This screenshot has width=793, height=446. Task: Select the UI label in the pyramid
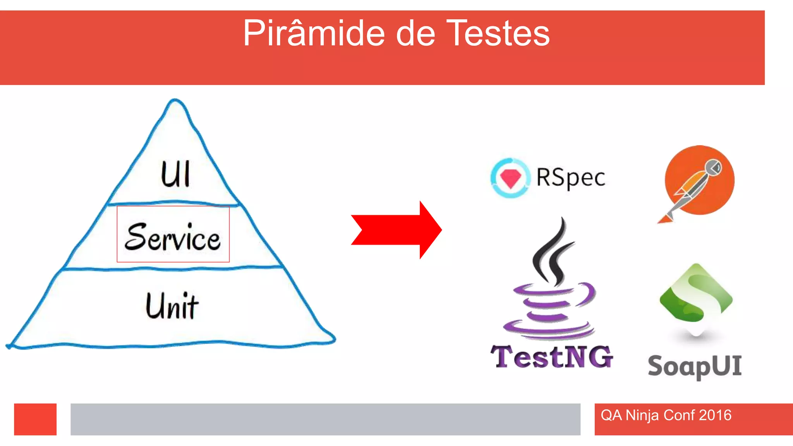tap(175, 174)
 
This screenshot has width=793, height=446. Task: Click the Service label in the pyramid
tap(173, 237)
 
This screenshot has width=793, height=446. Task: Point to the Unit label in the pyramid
tap(172, 306)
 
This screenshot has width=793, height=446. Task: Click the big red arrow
tap(397, 230)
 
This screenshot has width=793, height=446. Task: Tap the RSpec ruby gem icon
tap(510, 178)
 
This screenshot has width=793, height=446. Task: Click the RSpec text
tap(570, 178)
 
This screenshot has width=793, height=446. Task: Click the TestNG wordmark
tap(552, 357)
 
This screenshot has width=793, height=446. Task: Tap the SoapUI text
tap(695, 366)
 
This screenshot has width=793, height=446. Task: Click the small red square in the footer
tap(35, 419)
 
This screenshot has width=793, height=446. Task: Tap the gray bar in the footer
tap(325, 419)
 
